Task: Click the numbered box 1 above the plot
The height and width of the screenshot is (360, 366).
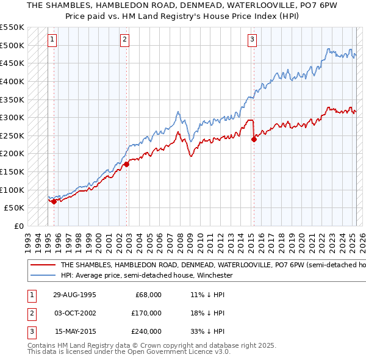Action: [x=53, y=40]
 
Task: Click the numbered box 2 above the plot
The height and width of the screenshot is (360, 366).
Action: [x=124, y=40]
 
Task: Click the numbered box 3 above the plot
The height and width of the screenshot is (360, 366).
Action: [x=252, y=40]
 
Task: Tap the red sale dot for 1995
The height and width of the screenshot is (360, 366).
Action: [x=54, y=201]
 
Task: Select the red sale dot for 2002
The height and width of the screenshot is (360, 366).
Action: [x=126, y=164]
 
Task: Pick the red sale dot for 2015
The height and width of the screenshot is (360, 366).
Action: [x=254, y=139]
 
